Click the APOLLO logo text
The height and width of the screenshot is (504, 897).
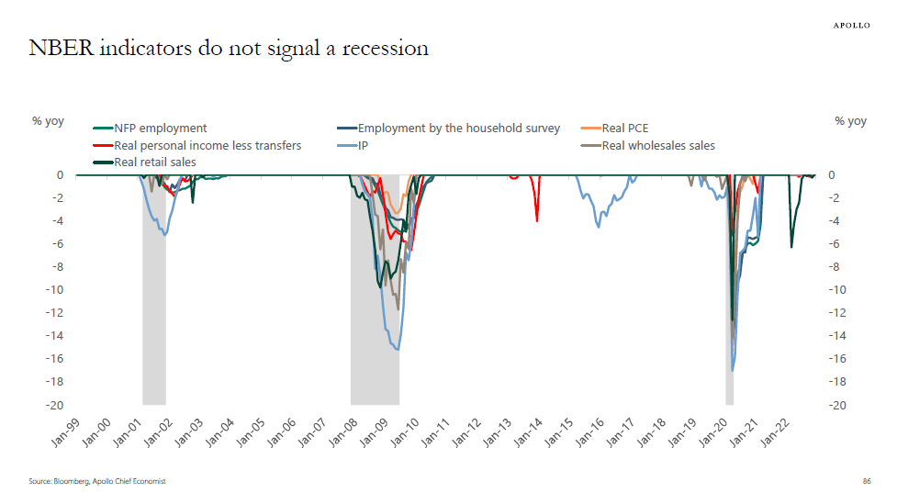coord(851,25)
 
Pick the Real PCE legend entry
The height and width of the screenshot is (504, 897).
coord(624,129)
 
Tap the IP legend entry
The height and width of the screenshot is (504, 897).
coord(363,145)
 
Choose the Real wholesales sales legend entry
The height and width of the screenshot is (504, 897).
coord(657,145)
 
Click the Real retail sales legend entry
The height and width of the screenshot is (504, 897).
coord(154,162)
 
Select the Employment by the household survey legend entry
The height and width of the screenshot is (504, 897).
coord(458,129)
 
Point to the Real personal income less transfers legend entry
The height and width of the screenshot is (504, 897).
coord(207,145)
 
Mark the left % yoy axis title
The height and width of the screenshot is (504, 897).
coord(48,121)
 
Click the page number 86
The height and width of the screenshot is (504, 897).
coord(866,481)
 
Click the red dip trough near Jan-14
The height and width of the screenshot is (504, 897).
coord(537,220)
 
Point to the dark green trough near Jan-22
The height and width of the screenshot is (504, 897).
coord(791,247)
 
